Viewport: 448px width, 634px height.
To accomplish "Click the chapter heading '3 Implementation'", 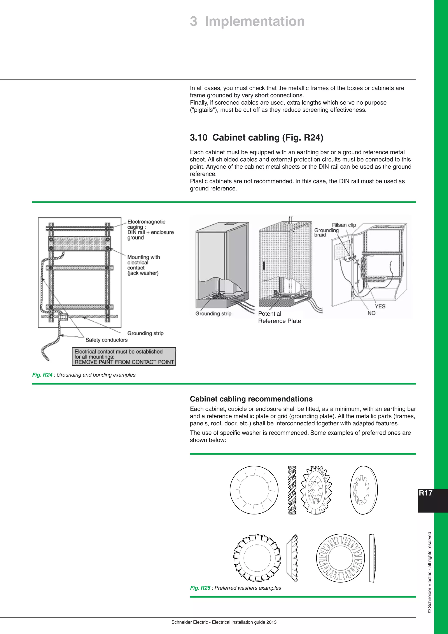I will click(247, 21).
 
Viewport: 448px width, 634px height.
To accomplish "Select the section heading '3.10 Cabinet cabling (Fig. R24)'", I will click(256, 137).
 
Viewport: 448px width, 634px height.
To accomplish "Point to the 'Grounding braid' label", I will click(326, 232).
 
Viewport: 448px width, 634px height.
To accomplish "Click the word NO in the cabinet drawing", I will click(371, 313).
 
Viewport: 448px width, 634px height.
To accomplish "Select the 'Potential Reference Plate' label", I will click(279, 317).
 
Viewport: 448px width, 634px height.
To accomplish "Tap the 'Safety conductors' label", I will click(107, 340).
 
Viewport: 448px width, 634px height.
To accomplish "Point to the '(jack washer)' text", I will click(143, 273).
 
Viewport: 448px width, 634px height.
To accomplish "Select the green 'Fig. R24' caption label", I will click(42, 375).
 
